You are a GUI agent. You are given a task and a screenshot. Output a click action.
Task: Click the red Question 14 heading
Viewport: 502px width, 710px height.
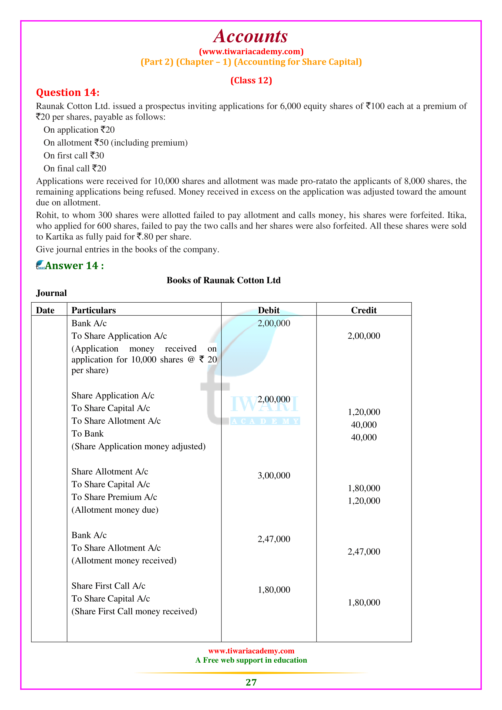[68, 93]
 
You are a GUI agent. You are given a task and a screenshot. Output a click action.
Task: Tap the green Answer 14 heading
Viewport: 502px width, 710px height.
[74, 266]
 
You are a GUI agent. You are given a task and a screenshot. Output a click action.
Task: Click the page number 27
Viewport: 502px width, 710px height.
[251, 682]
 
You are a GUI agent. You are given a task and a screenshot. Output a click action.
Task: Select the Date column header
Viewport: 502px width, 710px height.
[45, 310]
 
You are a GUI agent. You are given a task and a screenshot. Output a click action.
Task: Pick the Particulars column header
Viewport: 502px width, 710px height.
[94, 310]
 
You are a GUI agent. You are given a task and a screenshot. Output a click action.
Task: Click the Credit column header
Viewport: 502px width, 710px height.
[364, 310]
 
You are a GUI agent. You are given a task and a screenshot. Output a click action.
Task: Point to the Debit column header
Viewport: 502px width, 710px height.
[269, 310]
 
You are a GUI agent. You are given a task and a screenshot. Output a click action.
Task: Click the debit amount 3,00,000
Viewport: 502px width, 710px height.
[274, 475]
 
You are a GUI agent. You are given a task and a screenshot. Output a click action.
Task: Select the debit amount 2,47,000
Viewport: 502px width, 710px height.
[274, 539]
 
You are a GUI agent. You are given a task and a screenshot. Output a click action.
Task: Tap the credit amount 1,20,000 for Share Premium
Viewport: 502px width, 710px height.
[364, 501]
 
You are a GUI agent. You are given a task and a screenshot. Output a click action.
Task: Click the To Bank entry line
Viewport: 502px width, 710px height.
[87, 433]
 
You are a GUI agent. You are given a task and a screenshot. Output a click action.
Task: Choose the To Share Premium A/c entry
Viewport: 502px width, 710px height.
[114, 497]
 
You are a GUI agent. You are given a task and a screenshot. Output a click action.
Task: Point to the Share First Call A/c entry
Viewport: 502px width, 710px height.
[108, 586]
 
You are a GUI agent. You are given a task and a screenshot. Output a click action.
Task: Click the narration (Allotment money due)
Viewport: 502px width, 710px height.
[115, 510]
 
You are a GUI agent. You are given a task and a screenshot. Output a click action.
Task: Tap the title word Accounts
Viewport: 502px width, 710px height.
[251, 36]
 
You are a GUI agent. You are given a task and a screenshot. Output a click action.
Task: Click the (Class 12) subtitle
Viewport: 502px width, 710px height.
[251, 80]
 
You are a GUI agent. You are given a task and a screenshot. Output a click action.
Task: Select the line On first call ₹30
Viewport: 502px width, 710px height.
[73, 155]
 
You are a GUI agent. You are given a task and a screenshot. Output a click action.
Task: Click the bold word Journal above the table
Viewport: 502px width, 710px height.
[51, 293]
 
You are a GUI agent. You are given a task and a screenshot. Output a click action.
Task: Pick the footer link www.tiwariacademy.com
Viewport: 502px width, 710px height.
[251, 651]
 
